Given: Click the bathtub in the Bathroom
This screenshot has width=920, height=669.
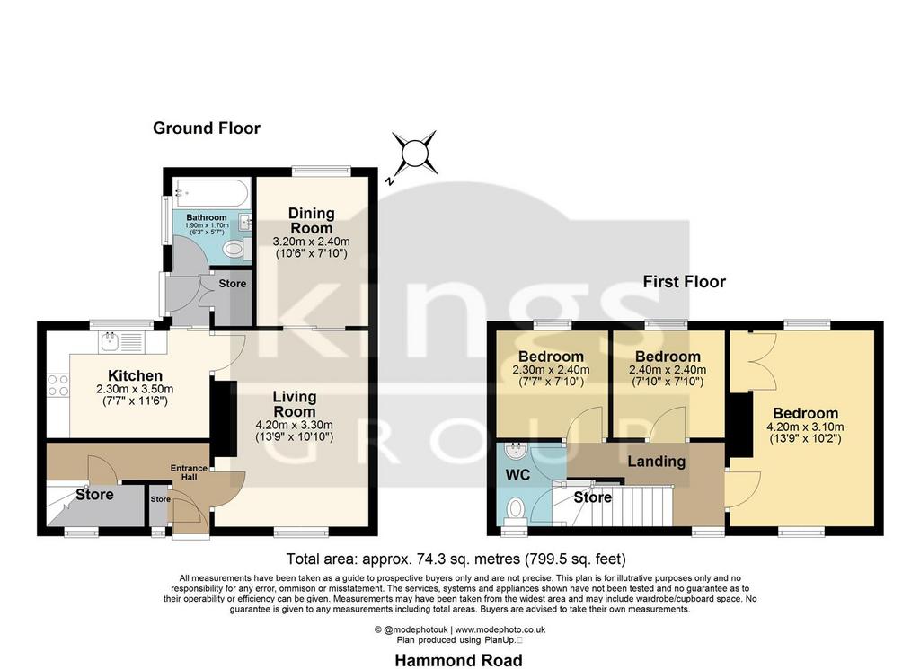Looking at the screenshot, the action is click(x=212, y=192).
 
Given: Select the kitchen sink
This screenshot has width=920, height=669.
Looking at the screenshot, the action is click(x=124, y=342).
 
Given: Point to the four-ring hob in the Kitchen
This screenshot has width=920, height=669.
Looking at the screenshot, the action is click(x=58, y=385).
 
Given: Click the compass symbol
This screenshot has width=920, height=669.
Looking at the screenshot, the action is click(x=414, y=153).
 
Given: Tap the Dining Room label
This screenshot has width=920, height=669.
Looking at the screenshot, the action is click(x=312, y=221).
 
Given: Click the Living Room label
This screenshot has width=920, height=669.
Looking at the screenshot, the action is click(x=295, y=404).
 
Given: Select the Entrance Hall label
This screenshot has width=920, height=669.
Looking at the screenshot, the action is click(x=189, y=472).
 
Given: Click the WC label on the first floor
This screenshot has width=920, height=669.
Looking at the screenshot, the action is click(x=517, y=474).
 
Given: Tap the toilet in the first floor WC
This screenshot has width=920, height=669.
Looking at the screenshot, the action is click(x=517, y=509).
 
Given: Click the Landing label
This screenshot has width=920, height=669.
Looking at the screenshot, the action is click(x=657, y=462).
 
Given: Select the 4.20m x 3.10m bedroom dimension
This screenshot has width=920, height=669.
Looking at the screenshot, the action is click(x=806, y=427).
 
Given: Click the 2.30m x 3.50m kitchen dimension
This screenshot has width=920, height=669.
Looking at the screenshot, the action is click(x=135, y=390).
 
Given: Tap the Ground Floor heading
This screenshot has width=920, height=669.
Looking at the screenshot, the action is click(x=207, y=128).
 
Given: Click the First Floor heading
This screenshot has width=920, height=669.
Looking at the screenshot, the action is click(x=684, y=281).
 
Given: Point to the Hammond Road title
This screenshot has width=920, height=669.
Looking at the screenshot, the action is click(x=458, y=660).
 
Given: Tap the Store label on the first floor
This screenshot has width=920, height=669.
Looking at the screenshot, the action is click(x=593, y=497).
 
